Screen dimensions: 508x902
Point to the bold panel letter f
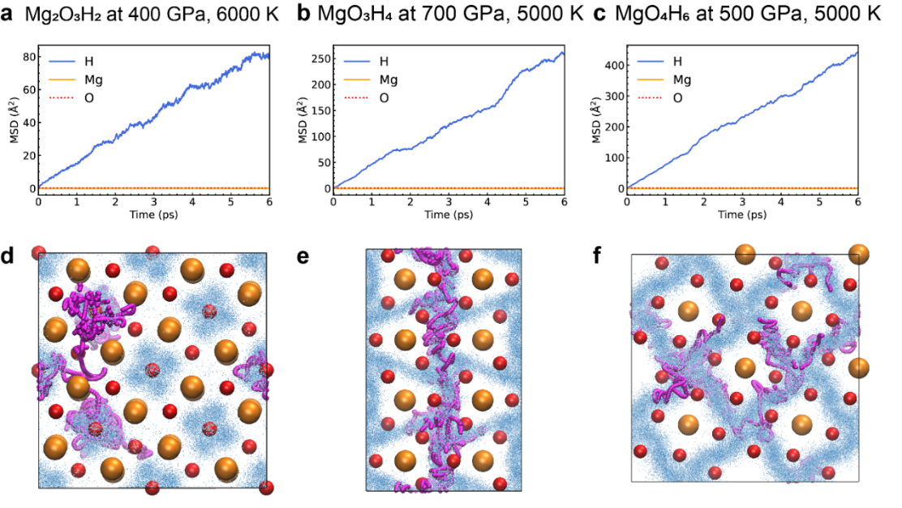pos(598,257)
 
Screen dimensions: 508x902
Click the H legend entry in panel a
pos(88,62)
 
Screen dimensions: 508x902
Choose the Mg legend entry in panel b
pos(389,80)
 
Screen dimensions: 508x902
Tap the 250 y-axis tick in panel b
pos(318,58)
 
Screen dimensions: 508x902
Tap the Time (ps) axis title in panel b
pos(448,214)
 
